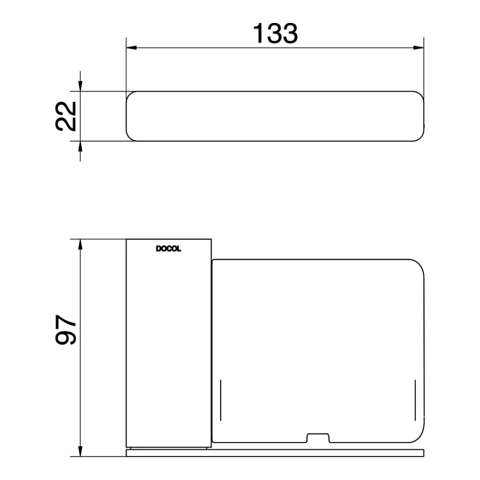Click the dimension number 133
click(275, 33)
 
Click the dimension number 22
click(66, 116)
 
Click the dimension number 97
click(66, 331)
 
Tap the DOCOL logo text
click(168, 249)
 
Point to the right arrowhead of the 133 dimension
click(420, 48)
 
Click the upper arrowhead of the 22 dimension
click(80, 85)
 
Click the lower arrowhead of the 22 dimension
click(80, 147)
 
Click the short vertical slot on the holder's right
click(415, 400)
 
